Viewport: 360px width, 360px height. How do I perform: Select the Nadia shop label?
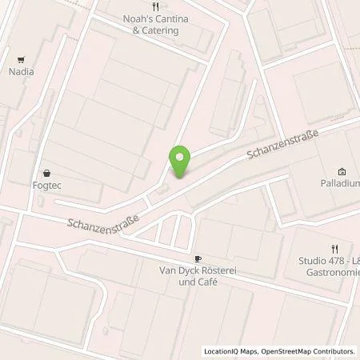point(22,71)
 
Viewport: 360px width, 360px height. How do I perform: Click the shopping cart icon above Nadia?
point(22,58)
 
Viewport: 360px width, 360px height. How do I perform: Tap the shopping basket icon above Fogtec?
point(46,171)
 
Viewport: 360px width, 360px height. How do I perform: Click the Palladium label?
point(334,183)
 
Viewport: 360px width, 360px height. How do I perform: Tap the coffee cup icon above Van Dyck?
point(198,258)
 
